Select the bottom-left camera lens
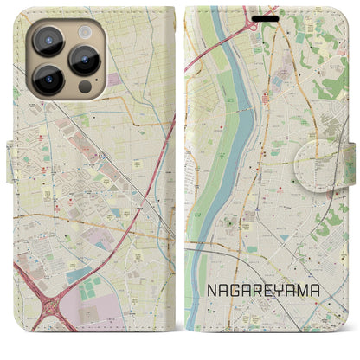click(49, 80)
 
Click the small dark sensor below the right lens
click(84, 87)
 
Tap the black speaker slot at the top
click(267, 17)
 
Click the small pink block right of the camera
click(113, 80)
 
